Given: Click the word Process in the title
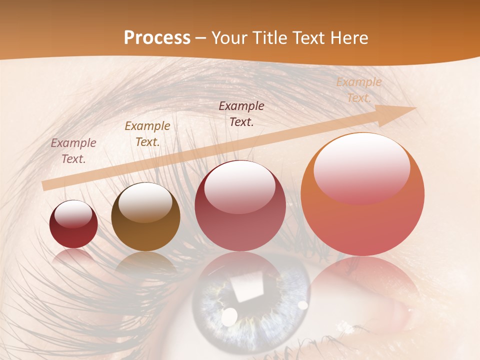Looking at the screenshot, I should coord(157,38).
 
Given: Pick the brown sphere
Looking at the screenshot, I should coord(145,217).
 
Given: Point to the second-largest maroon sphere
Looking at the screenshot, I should coord(240,205).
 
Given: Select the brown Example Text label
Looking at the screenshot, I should coord(147,134).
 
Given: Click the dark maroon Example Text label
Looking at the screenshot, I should coord(241,114).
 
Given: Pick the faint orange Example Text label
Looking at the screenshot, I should coord(358,90).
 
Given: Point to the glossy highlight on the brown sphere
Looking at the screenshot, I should coord(145,202).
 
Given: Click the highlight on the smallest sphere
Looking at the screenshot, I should coord(73,214).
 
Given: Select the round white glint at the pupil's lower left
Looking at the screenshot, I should coord(229,315).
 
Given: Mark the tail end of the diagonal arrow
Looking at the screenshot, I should coord(44,186).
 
